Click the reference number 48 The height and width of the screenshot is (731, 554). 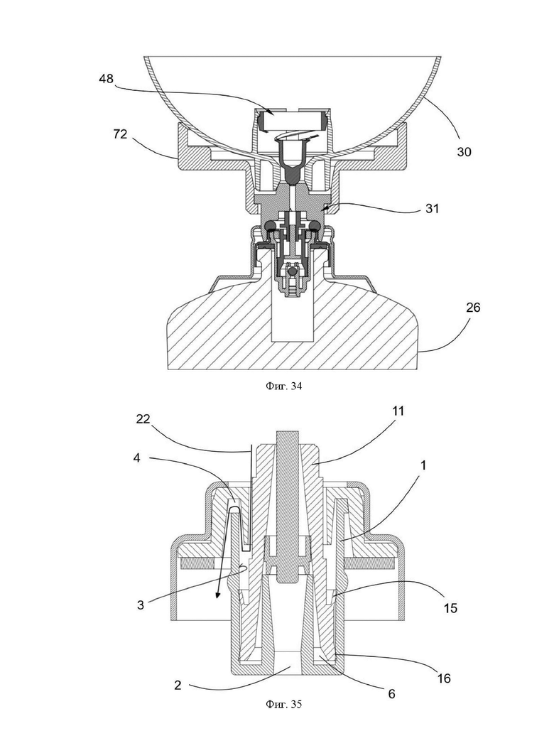[106, 79]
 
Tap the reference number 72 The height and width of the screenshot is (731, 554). [120, 134]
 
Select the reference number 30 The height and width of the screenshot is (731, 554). [464, 151]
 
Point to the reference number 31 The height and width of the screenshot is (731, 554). [432, 208]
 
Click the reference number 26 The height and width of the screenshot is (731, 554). [472, 308]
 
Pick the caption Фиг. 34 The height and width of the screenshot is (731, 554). [284, 386]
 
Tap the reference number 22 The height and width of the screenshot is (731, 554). [143, 419]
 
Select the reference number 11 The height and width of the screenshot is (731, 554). [398, 411]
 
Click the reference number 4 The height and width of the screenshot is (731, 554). [136, 457]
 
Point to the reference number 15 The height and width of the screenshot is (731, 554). [450, 608]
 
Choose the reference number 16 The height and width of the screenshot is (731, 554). [444, 678]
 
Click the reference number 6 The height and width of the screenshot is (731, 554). [391, 693]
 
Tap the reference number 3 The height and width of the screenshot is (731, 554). [140, 605]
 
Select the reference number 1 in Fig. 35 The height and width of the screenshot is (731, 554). [423, 465]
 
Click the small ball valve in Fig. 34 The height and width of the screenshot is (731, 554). [292, 271]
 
